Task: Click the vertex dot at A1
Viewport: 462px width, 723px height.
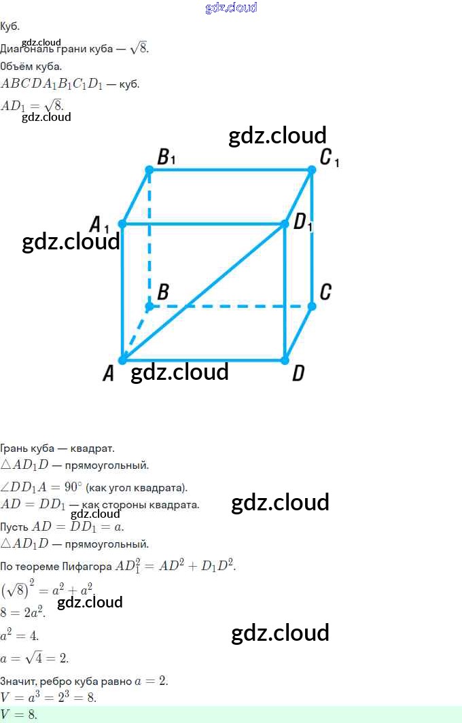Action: click(x=122, y=224)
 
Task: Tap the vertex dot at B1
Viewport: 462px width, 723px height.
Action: click(x=149, y=169)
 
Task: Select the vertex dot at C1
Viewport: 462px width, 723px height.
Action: click(x=312, y=169)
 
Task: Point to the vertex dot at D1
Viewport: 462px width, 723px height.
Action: click(x=285, y=224)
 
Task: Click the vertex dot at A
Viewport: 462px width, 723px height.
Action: click(x=122, y=360)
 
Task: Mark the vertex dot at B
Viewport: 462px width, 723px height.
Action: click(x=149, y=306)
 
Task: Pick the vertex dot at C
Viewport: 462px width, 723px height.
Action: click(x=312, y=306)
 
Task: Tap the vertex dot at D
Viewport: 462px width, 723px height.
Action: click(x=285, y=360)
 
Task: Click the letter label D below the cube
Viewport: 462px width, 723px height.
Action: click(x=298, y=373)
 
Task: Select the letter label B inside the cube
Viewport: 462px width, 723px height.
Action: click(x=163, y=293)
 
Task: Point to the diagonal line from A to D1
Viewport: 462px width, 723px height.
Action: click(x=204, y=292)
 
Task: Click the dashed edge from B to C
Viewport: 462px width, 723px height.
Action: click(x=231, y=306)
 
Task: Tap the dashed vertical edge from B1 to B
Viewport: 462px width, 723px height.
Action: click(x=149, y=238)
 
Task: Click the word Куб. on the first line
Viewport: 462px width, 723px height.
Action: click(x=10, y=27)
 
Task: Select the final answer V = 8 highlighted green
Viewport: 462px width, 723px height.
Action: click(x=19, y=714)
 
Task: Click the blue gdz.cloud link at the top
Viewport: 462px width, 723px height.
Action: click(x=231, y=7)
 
